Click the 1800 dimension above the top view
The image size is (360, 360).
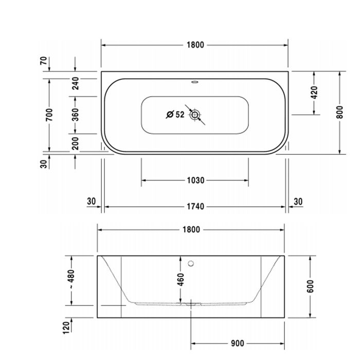point(195,45)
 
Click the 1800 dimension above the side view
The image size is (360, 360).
point(191,230)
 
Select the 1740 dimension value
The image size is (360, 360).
point(195,207)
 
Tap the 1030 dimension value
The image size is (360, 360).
point(195,181)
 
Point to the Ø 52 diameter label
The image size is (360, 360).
point(175,115)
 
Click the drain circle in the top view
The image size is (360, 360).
point(194,115)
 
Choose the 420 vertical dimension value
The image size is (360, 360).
point(314,93)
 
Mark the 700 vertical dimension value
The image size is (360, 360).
point(49,115)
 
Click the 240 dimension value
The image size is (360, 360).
point(75,83)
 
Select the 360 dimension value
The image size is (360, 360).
point(75,115)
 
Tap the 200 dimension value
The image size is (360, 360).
point(75,143)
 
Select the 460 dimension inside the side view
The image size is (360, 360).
point(181,280)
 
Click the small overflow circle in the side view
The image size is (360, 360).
point(191,264)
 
